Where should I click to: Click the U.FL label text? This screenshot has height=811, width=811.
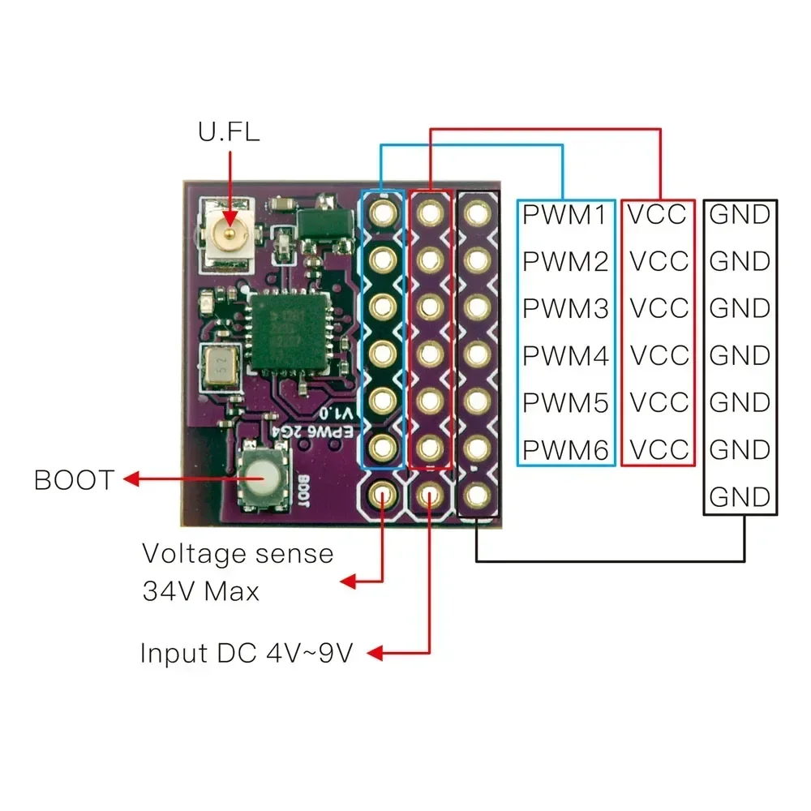click(x=230, y=131)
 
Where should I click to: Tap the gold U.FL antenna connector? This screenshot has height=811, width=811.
click(x=229, y=236)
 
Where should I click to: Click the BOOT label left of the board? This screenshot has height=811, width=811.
click(x=74, y=480)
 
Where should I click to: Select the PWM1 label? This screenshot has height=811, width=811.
click(x=565, y=215)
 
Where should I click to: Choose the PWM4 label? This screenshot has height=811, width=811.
click(x=565, y=356)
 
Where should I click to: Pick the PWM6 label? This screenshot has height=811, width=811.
click(x=565, y=449)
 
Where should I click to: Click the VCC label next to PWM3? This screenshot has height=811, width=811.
click(x=659, y=309)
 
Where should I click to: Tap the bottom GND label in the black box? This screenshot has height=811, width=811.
click(x=740, y=496)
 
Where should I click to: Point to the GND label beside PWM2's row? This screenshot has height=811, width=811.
click(x=740, y=262)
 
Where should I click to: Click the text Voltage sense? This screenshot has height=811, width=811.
click(x=238, y=554)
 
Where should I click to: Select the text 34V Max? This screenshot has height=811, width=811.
click(x=201, y=591)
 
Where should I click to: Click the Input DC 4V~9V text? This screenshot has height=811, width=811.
click(x=247, y=654)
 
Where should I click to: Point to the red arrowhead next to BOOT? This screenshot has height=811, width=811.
click(x=131, y=480)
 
